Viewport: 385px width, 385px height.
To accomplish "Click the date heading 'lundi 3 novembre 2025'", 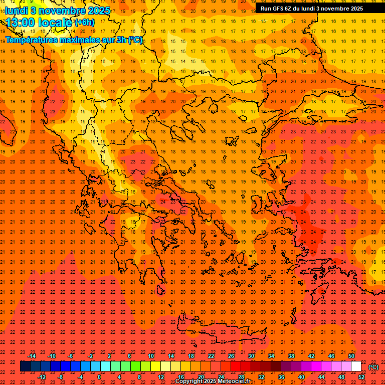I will tap(58, 11).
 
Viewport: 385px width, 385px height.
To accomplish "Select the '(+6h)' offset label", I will tap(84, 23).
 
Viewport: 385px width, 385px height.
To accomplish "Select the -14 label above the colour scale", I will tap(32, 356).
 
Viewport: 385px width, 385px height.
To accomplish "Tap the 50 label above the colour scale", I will tap(351, 356).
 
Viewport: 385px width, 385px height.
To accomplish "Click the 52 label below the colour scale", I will tap(361, 377).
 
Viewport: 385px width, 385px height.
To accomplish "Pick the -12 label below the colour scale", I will tap(42, 377).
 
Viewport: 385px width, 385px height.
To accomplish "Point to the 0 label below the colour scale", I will tap(99, 377).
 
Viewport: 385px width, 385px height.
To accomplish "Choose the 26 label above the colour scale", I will tap(231, 356).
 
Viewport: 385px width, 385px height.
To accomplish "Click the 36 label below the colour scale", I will tap(281, 377).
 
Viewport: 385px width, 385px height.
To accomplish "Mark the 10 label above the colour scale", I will tap(151, 356).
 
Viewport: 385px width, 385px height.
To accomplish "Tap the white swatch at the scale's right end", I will tap(356, 366).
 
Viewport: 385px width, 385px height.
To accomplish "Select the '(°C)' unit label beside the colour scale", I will tap(373, 367).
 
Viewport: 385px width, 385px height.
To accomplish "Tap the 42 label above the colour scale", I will tap(311, 356).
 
